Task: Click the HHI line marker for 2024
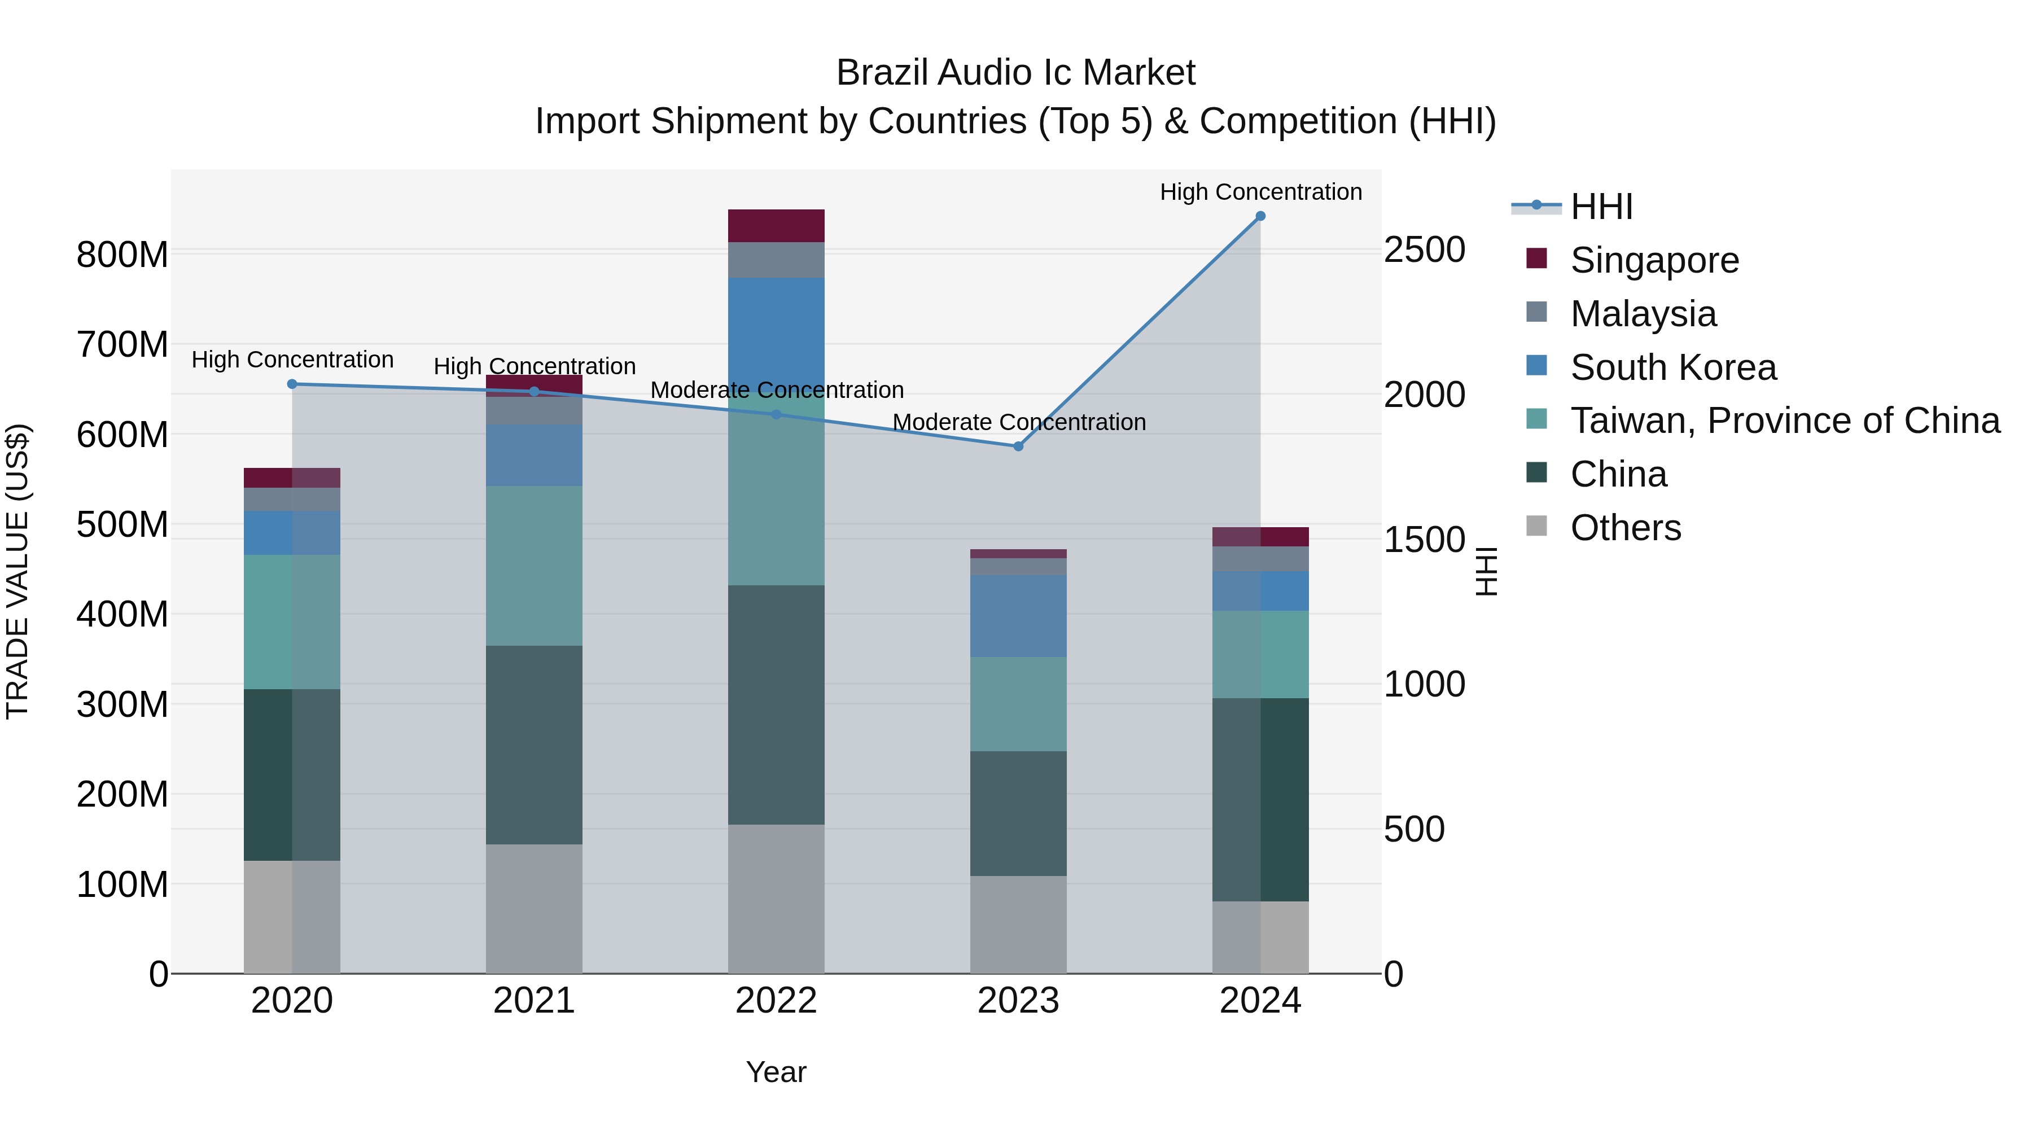(x=1260, y=216)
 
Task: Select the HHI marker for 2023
(x=1018, y=446)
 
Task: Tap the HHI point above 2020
(x=292, y=384)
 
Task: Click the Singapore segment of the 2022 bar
(x=776, y=226)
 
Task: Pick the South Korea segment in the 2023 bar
(x=1018, y=616)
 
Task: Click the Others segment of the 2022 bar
(x=776, y=899)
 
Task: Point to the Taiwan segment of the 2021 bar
(x=534, y=566)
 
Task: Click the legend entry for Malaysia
(x=1643, y=314)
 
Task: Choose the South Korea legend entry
(x=1672, y=367)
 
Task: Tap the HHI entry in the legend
(x=1601, y=207)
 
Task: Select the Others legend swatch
(x=1536, y=526)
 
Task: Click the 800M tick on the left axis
(x=122, y=255)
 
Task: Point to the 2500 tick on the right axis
(x=1424, y=250)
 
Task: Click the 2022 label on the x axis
(x=776, y=1001)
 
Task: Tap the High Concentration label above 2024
(x=1260, y=192)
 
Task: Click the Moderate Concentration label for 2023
(x=1018, y=422)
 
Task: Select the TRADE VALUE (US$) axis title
(x=17, y=571)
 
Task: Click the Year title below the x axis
(x=776, y=1072)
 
